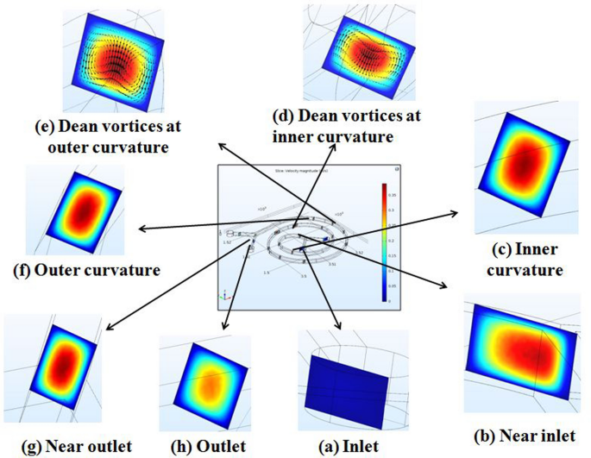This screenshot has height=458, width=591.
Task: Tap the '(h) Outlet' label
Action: pos(205,446)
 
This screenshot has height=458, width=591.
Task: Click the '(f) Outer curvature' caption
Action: pos(87,271)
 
